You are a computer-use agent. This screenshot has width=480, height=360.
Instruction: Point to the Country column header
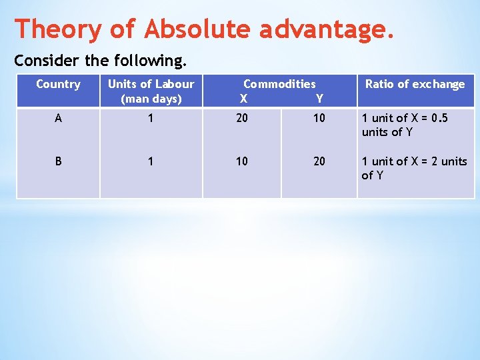[x=58, y=84]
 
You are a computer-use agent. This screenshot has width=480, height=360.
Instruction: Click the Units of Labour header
[x=151, y=91]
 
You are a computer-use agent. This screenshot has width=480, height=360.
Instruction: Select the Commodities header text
[x=279, y=84]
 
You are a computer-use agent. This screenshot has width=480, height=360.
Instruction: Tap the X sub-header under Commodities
[x=243, y=99]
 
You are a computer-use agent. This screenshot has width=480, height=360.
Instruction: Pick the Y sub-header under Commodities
[x=319, y=99]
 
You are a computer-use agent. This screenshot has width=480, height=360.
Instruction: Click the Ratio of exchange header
[x=415, y=84]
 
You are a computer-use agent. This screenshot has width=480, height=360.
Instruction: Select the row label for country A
[x=59, y=119]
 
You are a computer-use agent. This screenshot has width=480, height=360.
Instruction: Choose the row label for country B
[x=59, y=161]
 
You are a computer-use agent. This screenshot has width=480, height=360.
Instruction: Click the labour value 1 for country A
[x=151, y=119]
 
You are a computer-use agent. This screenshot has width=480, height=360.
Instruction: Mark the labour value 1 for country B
[x=151, y=161]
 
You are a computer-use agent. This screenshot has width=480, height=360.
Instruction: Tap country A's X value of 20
[x=242, y=119]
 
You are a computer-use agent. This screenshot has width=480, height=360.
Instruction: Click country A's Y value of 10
[x=319, y=119]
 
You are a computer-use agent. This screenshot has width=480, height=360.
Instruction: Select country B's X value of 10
[x=242, y=161]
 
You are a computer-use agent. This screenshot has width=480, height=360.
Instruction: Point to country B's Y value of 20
[x=319, y=161]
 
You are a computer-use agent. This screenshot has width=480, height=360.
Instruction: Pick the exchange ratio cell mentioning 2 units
[x=414, y=168]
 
